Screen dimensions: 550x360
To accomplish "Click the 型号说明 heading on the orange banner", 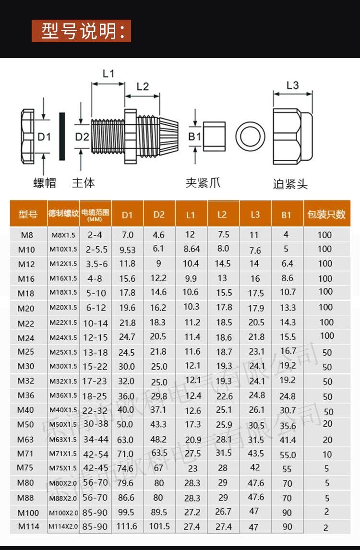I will tap(81, 31).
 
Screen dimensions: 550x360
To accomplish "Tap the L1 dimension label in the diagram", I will tap(108, 73).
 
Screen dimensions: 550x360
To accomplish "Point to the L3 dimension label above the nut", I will tap(292, 85).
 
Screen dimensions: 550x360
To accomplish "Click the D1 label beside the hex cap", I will tap(44, 137).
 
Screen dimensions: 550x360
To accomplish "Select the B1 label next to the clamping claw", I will tap(194, 137).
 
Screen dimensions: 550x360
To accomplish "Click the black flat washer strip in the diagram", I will tap(61, 137).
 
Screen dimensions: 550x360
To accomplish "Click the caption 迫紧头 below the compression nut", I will tap(290, 184).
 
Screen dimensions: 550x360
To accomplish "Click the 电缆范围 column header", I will tap(96, 214).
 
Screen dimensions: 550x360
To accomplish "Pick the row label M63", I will tap(26, 440).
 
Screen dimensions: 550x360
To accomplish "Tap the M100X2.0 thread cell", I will tap(63, 513).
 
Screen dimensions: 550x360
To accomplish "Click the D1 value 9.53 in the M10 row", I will tap(127, 250).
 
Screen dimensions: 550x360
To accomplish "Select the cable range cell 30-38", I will tap(96, 424).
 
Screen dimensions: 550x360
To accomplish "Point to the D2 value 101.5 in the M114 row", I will tap(159, 526).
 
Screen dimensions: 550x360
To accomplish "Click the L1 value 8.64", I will tap(192, 249).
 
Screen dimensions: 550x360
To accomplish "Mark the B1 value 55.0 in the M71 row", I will tap(288, 454).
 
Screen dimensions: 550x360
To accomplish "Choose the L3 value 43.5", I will tap(255, 454).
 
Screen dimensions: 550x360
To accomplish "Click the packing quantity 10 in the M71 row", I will tap(327, 454).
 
